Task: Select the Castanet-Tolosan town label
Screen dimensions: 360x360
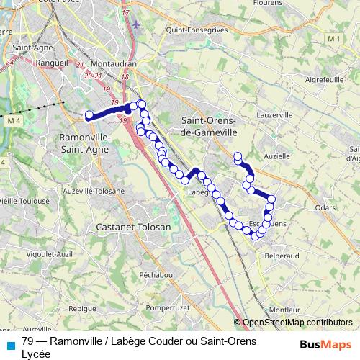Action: pos(133,226)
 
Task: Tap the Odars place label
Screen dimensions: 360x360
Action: pos(326,207)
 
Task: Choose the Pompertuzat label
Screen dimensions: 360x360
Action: pos(167,307)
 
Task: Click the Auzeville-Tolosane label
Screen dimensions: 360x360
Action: pos(94,191)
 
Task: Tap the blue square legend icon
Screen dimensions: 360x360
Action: pos(10,345)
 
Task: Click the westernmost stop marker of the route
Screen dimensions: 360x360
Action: pos(89,114)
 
